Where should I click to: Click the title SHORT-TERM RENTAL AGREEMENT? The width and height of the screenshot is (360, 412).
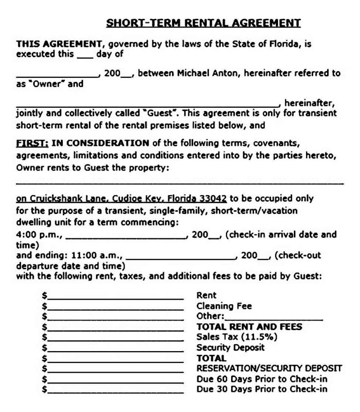click(x=203, y=23)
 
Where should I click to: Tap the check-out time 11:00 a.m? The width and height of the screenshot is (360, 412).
click(x=97, y=256)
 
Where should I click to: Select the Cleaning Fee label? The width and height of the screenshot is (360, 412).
click(x=224, y=306)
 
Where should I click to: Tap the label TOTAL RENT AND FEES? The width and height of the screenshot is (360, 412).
click(x=249, y=327)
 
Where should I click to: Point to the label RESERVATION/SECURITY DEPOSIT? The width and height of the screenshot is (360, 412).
click(x=269, y=368)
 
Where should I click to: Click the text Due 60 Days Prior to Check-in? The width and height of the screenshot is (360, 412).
click(x=262, y=379)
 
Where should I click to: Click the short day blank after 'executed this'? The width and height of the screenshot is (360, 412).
click(x=84, y=54)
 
